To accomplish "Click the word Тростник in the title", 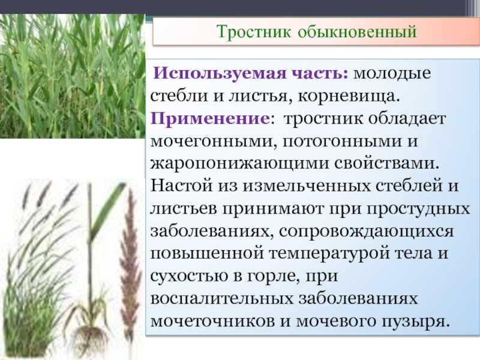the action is [254, 32].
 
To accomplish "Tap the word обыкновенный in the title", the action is [357, 32].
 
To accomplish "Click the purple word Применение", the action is [210, 118].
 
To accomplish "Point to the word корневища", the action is [349, 97].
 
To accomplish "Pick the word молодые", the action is [392, 73].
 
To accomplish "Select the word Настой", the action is [181, 185].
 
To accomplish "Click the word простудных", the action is [418, 209].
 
